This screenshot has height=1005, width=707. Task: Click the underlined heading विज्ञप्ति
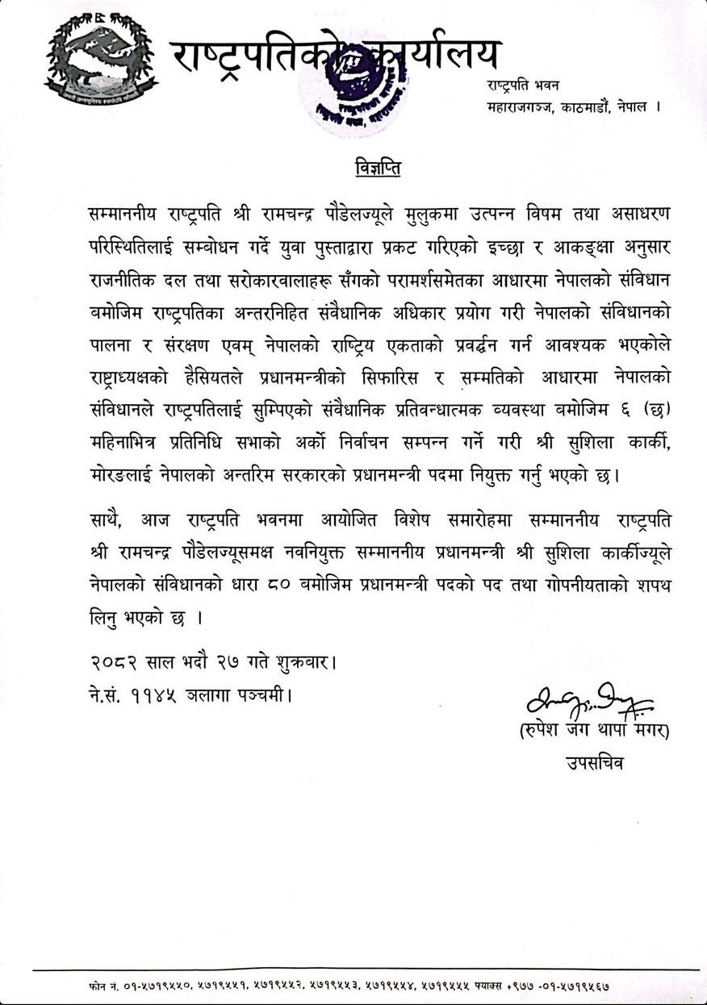point(378,169)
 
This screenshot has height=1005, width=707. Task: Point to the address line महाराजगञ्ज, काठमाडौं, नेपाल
point(573,106)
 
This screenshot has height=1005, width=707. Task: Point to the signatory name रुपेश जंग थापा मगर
point(596,732)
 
